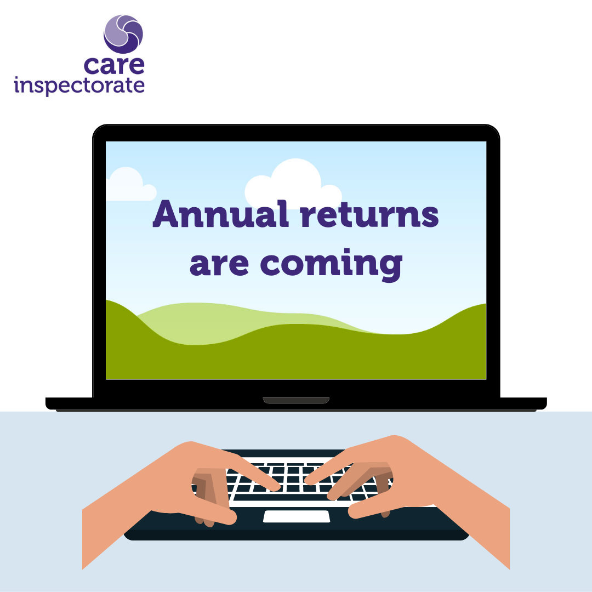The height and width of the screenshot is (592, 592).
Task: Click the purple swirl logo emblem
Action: coord(123,34)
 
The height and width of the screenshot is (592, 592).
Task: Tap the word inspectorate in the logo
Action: coord(79,86)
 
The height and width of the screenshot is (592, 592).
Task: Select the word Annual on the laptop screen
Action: coord(221,214)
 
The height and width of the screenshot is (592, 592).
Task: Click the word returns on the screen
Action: coord(369,215)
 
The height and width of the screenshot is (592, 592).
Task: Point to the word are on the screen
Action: coord(219,264)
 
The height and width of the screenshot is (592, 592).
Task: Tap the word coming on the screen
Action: coord(332,265)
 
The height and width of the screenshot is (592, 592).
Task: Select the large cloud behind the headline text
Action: coord(293,183)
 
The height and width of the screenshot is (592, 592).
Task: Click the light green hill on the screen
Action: coord(212,321)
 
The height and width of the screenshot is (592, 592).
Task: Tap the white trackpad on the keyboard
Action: coord(297,516)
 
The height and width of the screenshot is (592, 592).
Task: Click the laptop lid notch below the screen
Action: coord(296,401)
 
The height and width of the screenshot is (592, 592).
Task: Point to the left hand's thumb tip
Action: coord(231,517)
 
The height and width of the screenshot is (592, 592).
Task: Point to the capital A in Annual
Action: coord(166,214)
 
